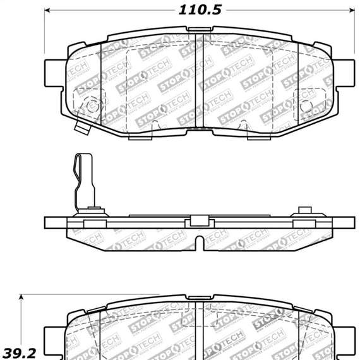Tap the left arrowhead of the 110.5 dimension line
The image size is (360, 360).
[48, 11]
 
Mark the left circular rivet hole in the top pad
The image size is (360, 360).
[93, 105]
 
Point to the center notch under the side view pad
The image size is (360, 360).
[200, 242]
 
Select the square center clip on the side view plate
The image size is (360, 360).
[200, 221]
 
